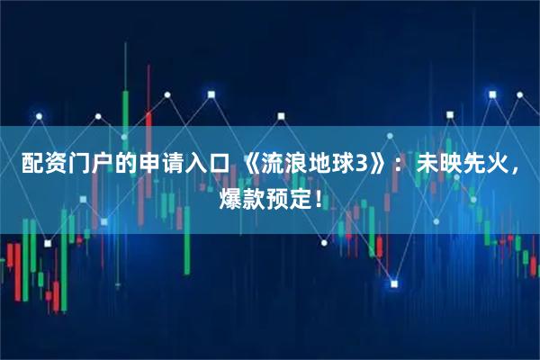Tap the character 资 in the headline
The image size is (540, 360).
coord(53,166)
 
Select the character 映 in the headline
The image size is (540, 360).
coord(447,166)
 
